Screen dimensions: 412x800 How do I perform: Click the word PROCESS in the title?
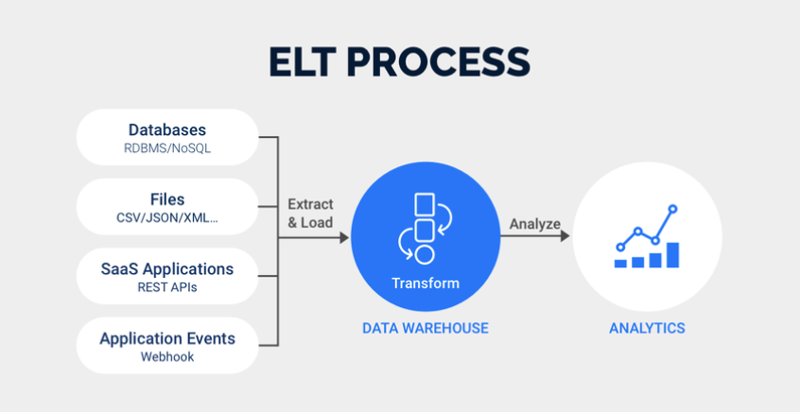443,60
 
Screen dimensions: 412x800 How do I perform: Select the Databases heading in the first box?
166,129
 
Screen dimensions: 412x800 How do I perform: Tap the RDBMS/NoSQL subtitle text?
166,148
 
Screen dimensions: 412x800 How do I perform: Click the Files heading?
166,199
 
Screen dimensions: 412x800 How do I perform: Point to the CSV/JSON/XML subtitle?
166,218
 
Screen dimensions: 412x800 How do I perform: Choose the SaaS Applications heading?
166,268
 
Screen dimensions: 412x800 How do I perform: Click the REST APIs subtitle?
166,287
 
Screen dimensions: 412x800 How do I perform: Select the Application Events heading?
166,338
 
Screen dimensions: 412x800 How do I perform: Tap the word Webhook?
166,357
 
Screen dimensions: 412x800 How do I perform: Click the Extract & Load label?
310,213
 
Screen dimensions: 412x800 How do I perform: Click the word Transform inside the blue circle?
425,283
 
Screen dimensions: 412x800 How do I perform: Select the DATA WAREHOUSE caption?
426,329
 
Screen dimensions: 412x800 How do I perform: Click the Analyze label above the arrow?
534,224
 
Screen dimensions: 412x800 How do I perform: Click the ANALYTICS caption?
647,329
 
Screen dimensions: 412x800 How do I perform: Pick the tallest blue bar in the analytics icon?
672,255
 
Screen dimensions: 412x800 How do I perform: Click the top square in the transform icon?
425,205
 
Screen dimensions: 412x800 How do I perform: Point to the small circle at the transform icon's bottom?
425,254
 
